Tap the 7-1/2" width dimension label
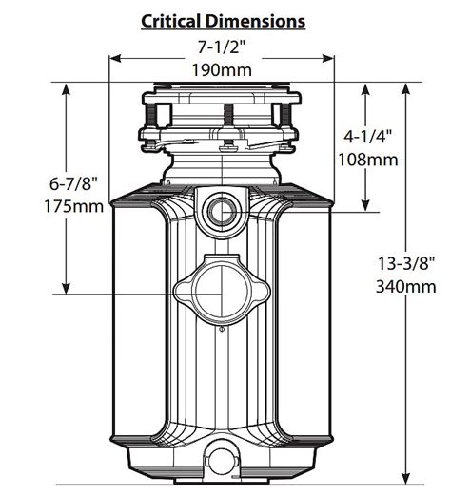click(x=223, y=47)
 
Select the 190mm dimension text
click(x=223, y=70)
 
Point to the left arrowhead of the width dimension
click(x=114, y=58)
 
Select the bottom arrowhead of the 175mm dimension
click(x=66, y=290)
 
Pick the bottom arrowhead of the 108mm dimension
click(x=368, y=204)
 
